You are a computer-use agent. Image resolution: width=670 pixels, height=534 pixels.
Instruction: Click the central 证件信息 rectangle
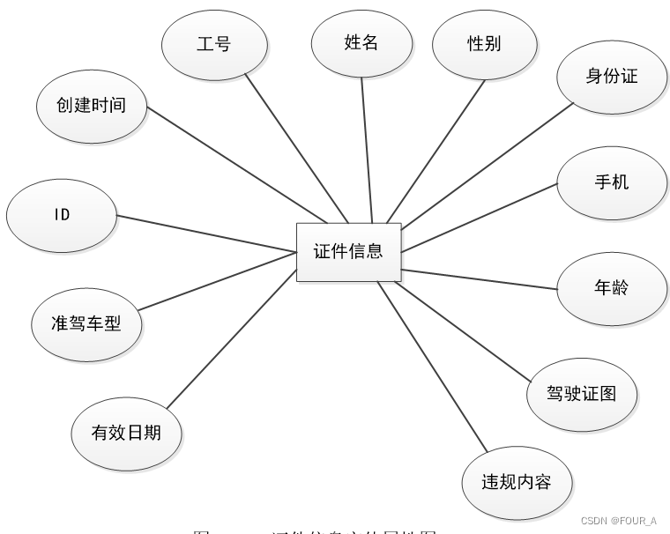[348, 252]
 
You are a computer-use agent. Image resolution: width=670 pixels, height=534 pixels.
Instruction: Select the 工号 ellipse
[214, 43]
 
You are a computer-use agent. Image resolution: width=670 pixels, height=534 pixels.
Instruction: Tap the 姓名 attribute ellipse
[361, 42]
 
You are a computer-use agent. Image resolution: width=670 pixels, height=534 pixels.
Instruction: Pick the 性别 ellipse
[484, 43]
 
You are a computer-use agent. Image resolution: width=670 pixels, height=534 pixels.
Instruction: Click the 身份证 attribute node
[611, 77]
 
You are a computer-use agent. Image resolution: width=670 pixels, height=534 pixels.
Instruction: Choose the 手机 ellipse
[611, 182]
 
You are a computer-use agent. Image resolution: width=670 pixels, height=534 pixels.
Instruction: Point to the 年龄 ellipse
[611, 288]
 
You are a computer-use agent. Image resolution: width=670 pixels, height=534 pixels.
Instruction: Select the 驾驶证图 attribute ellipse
[581, 393]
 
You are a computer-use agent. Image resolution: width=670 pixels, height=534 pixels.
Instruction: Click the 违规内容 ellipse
[517, 482]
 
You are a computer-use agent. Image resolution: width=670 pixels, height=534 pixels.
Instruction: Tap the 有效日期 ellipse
[126, 434]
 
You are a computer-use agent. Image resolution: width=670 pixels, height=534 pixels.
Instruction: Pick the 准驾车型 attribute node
[86, 323]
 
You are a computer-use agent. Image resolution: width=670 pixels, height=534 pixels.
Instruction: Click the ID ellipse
[61, 215]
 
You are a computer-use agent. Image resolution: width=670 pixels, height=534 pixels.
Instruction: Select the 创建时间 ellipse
[92, 106]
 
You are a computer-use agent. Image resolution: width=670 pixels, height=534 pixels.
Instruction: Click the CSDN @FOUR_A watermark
[620, 521]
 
